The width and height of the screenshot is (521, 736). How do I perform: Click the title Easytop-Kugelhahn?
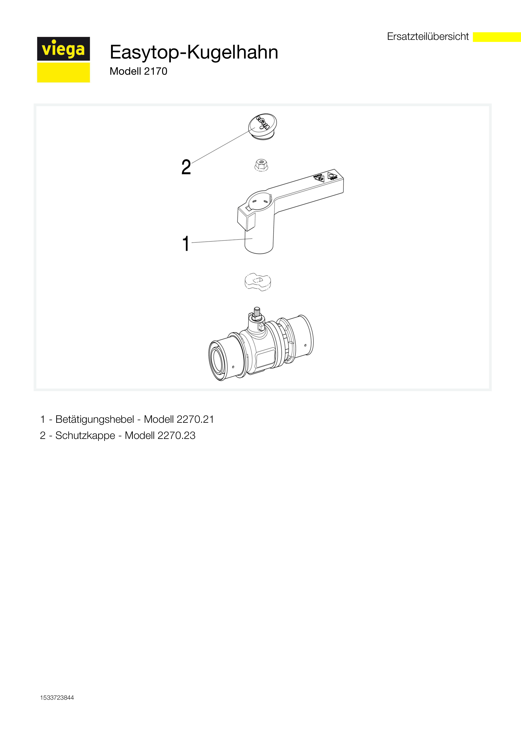click(194, 52)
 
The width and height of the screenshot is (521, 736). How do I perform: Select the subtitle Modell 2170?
click(138, 71)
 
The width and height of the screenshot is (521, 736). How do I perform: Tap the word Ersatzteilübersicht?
click(428, 37)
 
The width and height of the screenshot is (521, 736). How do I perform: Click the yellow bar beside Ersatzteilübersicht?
click(497, 37)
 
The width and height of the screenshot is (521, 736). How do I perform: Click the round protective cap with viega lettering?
click(262, 126)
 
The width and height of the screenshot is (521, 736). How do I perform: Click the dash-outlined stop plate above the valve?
click(258, 282)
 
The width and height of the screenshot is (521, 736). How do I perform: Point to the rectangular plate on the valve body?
click(265, 358)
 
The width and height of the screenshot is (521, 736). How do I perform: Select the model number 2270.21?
click(195, 419)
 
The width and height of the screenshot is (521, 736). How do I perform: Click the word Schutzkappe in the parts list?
click(85, 436)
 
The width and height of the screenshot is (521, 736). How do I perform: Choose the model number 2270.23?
click(176, 436)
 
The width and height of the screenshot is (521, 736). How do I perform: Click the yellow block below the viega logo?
click(63, 72)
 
